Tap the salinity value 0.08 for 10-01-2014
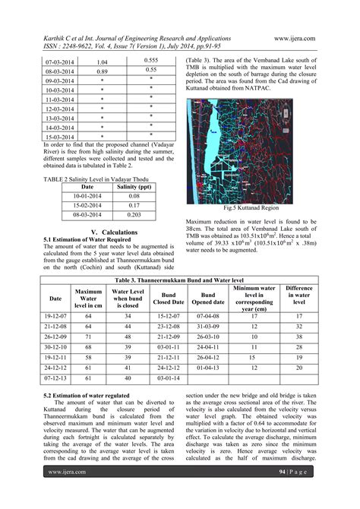[133, 194]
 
